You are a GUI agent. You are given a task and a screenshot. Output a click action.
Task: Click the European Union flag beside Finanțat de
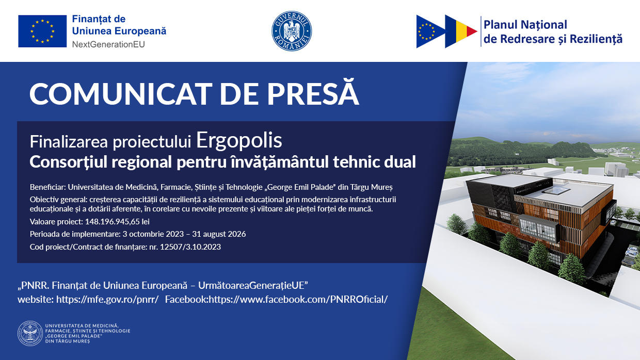pos(42,31)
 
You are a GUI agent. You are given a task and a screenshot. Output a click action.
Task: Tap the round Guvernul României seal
pos(292,31)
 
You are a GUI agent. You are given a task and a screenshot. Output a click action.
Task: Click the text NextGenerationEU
pos(108,44)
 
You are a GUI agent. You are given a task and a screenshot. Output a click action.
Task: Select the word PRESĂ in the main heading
pos(313,92)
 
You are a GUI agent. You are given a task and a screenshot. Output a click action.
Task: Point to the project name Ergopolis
pos(239,140)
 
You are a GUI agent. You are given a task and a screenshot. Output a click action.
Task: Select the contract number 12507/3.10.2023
pos(190,247)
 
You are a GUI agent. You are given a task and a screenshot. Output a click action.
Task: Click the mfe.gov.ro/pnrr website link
pos(107,299)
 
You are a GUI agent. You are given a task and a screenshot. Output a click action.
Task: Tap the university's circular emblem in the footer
pos(30,334)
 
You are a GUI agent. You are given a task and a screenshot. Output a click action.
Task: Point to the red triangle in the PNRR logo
pos(472,31)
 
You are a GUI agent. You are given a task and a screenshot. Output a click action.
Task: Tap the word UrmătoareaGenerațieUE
pos(253,285)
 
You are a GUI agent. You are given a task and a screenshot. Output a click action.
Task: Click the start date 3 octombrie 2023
pos(153,234)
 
